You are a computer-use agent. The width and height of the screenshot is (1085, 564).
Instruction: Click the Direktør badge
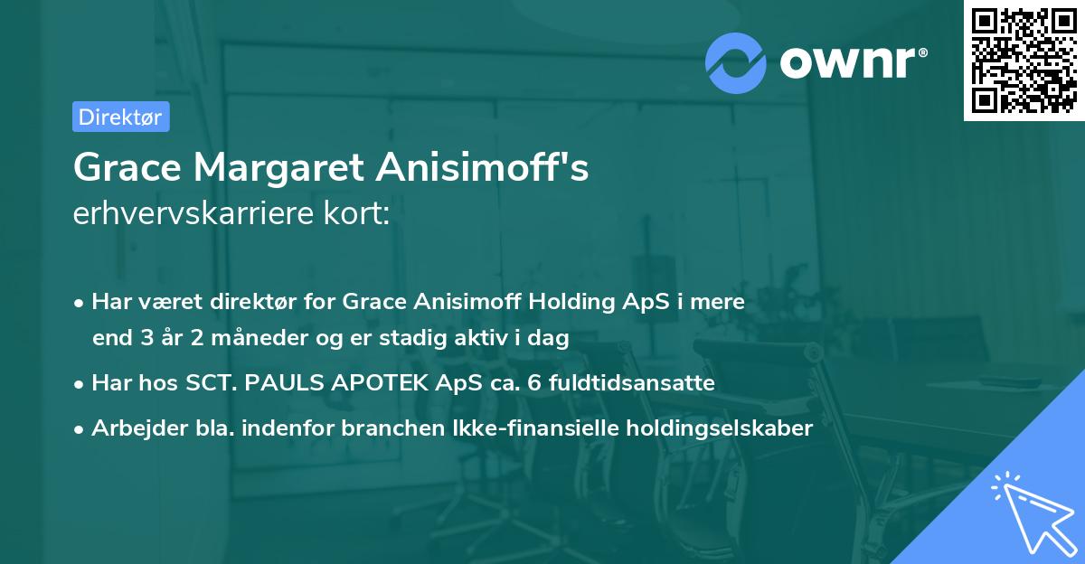point(120,117)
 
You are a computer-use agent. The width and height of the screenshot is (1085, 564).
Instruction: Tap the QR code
point(1024,60)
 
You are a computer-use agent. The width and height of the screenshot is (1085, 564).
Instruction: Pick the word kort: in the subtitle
point(360,215)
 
